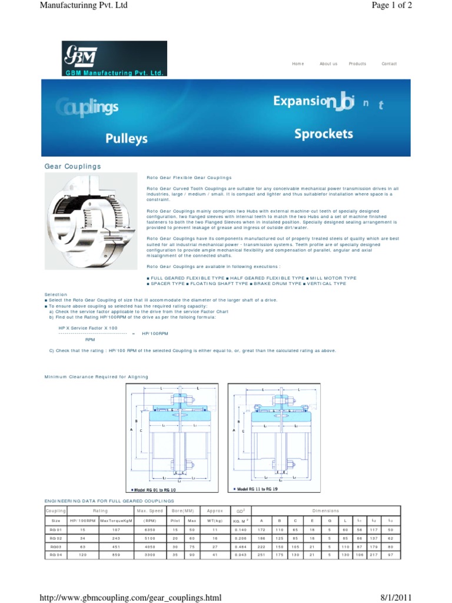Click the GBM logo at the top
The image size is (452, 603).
(114, 58)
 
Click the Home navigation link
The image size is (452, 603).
(298, 64)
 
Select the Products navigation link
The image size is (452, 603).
(357, 64)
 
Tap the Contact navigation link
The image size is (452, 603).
(389, 64)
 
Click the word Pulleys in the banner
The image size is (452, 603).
(127, 138)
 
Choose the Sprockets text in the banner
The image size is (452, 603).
(324, 134)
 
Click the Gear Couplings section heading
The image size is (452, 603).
(72, 167)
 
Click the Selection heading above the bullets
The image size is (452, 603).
(56, 294)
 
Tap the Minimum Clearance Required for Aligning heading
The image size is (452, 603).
(97, 376)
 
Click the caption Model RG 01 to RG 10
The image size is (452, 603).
(152, 490)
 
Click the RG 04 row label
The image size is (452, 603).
(56, 555)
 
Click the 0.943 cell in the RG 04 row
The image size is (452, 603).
(240, 555)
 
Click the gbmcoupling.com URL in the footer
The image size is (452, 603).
(130, 598)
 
